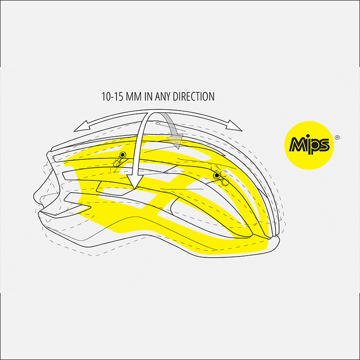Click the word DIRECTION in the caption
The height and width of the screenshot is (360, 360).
coord(193,97)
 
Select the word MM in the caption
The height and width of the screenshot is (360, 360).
coord(134,97)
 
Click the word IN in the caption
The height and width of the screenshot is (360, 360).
coord(148,97)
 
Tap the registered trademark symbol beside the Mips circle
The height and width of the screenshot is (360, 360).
coord(337,138)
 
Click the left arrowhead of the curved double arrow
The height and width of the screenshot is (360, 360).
coord(81,126)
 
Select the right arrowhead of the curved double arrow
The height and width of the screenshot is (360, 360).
coord(234,125)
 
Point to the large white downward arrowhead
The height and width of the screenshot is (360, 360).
coord(135,182)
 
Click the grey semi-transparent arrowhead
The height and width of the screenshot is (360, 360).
coord(176,141)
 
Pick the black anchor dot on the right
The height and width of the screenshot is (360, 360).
coord(217,176)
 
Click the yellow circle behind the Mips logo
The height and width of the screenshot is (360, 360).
coord(309,146)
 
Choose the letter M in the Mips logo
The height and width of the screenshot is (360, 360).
coord(298,145)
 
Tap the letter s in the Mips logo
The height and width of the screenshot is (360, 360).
coord(324,145)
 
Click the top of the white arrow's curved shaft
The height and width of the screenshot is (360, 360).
coord(153,113)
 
